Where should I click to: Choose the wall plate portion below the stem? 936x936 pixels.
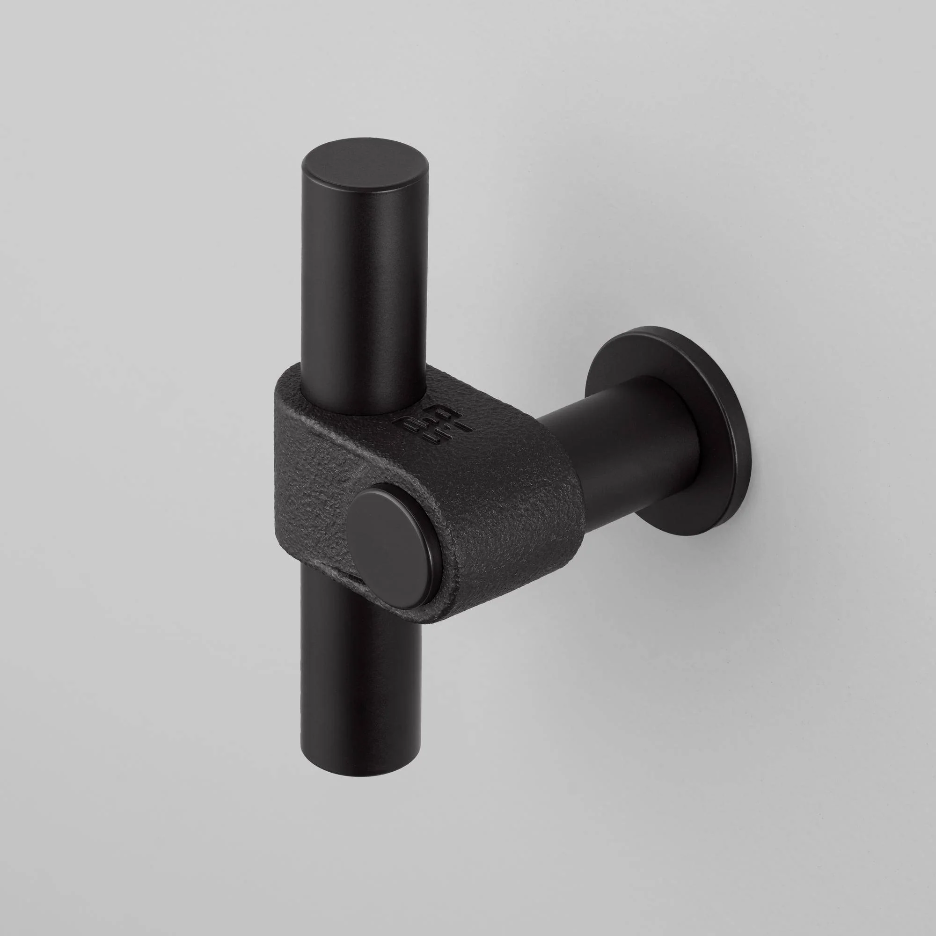(698, 519)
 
